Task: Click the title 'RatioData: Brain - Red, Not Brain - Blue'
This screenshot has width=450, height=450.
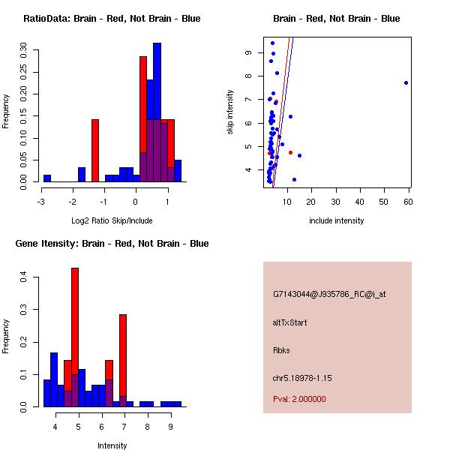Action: (x=112, y=19)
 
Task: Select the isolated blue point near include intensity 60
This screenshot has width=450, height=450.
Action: (x=406, y=82)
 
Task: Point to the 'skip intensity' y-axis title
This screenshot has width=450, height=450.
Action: (x=231, y=112)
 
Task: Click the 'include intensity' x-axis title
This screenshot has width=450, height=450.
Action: (x=337, y=220)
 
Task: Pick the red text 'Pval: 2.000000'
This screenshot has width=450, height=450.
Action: (x=299, y=399)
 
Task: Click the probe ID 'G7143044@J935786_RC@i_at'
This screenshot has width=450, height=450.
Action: (x=329, y=295)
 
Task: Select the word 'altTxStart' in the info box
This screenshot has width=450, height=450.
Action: (x=289, y=322)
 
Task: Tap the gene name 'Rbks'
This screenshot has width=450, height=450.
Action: (x=281, y=349)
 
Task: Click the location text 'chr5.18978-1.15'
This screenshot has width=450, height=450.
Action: (x=301, y=377)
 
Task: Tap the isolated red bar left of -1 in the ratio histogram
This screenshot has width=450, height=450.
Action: (x=95, y=150)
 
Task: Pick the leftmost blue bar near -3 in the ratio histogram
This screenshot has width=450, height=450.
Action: (x=46, y=178)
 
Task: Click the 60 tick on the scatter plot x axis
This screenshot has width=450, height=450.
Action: (x=409, y=201)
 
